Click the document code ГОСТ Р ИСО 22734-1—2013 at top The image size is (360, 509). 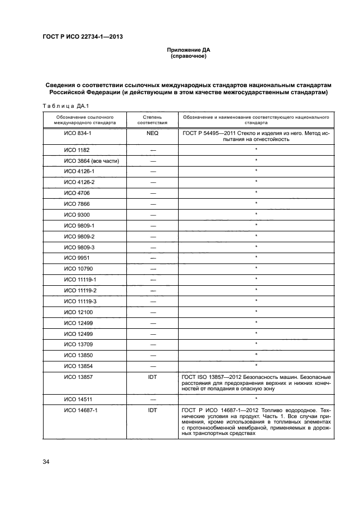[x=82, y=37]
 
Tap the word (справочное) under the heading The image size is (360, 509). [x=188, y=56]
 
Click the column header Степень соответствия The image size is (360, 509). [x=152, y=120]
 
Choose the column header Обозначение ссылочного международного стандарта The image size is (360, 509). [x=84, y=120]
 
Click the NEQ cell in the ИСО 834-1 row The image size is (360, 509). [x=152, y=133]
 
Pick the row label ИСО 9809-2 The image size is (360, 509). [x=80, y=236]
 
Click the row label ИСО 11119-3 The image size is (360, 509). [x=81, y=301]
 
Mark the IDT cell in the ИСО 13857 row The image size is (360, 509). [x=152, y=377]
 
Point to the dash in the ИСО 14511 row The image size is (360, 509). [x=152, y=398]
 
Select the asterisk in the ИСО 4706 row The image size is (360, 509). [x=255, y=193]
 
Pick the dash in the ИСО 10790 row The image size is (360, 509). [x=152, y=268]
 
